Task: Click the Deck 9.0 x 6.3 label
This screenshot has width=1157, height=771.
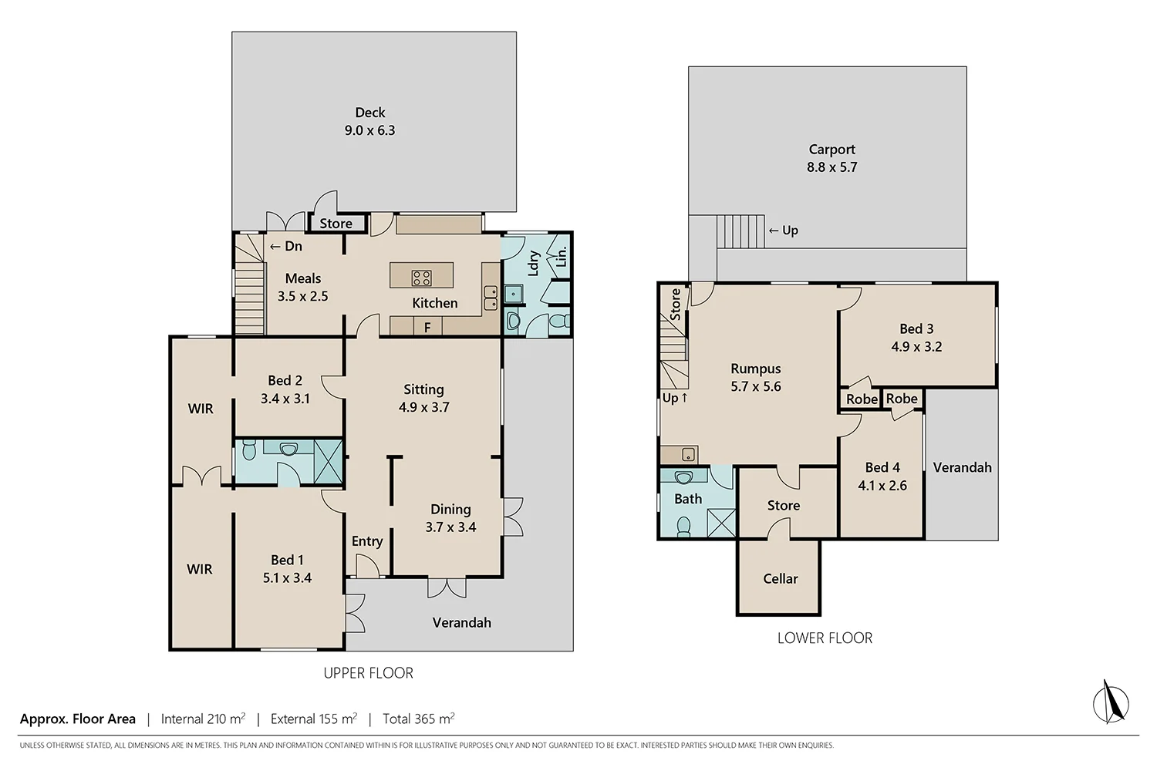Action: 369,122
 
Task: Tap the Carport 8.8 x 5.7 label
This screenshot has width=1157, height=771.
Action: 831,158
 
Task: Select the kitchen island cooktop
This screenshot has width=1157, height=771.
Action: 421,278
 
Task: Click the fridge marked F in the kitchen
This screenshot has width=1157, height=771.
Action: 427,328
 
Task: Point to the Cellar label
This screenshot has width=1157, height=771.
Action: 780,579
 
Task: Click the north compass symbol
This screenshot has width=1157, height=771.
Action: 1111,702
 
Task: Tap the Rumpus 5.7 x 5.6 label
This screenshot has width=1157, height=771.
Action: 755,378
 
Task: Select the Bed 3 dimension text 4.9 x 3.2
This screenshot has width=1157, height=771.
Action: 916,347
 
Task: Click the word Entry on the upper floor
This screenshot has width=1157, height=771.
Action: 367,541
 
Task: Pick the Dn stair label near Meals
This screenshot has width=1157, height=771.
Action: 286,247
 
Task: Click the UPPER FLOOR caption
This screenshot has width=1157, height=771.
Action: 368,673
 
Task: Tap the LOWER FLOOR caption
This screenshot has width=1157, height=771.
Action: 825,638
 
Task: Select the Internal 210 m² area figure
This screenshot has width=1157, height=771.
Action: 203,719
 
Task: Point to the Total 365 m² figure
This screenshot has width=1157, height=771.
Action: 418,719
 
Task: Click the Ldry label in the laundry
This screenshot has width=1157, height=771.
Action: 533,264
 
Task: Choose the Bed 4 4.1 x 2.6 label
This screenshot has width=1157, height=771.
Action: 882,476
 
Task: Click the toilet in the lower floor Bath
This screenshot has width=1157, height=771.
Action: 683,526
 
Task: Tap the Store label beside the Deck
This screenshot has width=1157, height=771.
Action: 336,224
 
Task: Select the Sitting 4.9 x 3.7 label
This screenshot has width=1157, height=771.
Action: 423,399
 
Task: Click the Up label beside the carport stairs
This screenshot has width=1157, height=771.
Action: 784,231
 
